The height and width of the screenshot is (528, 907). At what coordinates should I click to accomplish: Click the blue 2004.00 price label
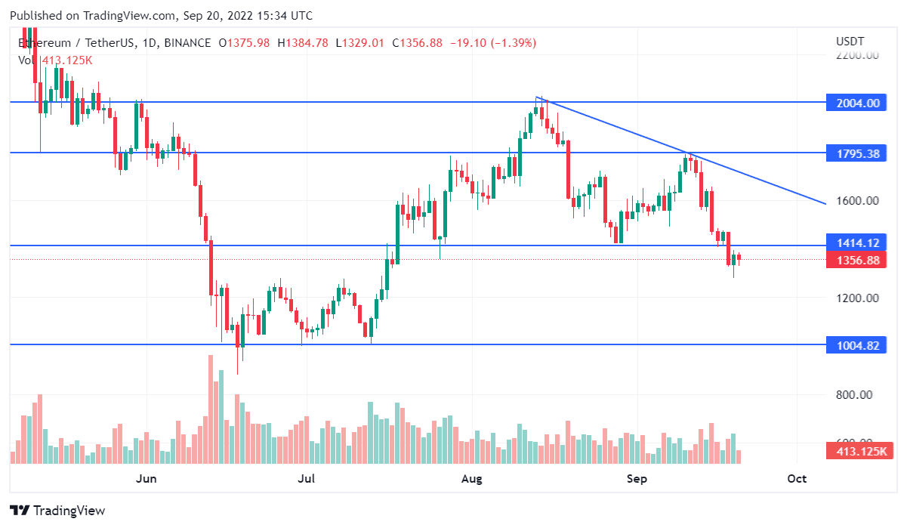point(858,103)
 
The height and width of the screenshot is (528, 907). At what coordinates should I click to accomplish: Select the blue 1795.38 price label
point(858,153)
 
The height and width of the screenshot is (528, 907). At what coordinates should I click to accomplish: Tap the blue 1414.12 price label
point(858,242)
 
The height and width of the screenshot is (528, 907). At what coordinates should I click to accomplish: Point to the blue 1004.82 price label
point(858,345)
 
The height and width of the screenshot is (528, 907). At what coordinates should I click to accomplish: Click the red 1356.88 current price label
point(858,261)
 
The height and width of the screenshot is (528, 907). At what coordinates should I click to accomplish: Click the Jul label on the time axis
point(306,479)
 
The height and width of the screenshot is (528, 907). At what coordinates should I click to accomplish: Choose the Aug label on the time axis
point(471,479)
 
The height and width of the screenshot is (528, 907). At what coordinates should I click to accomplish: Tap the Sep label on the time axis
point(637,479)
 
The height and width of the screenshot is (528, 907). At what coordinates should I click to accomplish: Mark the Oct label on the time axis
point(797,479)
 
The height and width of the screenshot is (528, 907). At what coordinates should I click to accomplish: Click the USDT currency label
point(850,42)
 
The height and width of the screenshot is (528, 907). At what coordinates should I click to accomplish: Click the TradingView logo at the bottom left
point(57,511)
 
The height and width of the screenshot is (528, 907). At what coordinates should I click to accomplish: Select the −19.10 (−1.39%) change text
point(492,43)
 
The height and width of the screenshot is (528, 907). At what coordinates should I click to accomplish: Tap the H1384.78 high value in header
point(303,43)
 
